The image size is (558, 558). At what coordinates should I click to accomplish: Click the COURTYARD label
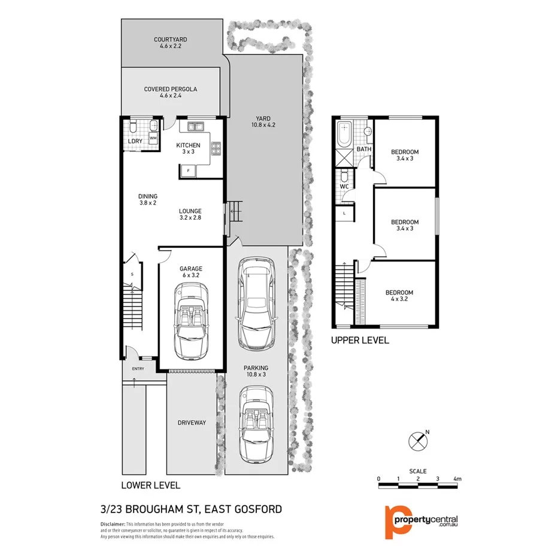(171, 40)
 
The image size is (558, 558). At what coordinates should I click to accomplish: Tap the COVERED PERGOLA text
(171, 89)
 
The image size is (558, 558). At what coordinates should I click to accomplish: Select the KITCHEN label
(188, 145)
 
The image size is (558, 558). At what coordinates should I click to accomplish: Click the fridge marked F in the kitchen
(189, 171)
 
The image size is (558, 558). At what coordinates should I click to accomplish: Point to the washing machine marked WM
(153, 138)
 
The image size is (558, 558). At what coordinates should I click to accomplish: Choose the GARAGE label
(192, 269)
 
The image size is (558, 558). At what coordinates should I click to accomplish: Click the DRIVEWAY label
(191, 423)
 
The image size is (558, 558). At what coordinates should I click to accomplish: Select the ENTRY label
(138, 369)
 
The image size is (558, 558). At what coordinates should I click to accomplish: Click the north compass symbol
(418, 441)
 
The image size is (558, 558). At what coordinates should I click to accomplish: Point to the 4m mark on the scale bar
(457, 479)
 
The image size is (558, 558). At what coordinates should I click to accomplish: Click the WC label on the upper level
(344, 186)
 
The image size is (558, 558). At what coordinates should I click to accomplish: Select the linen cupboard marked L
(345, 213)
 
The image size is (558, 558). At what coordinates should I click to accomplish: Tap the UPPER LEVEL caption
(360, 340)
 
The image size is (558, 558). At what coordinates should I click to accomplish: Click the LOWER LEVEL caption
(150, 485)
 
